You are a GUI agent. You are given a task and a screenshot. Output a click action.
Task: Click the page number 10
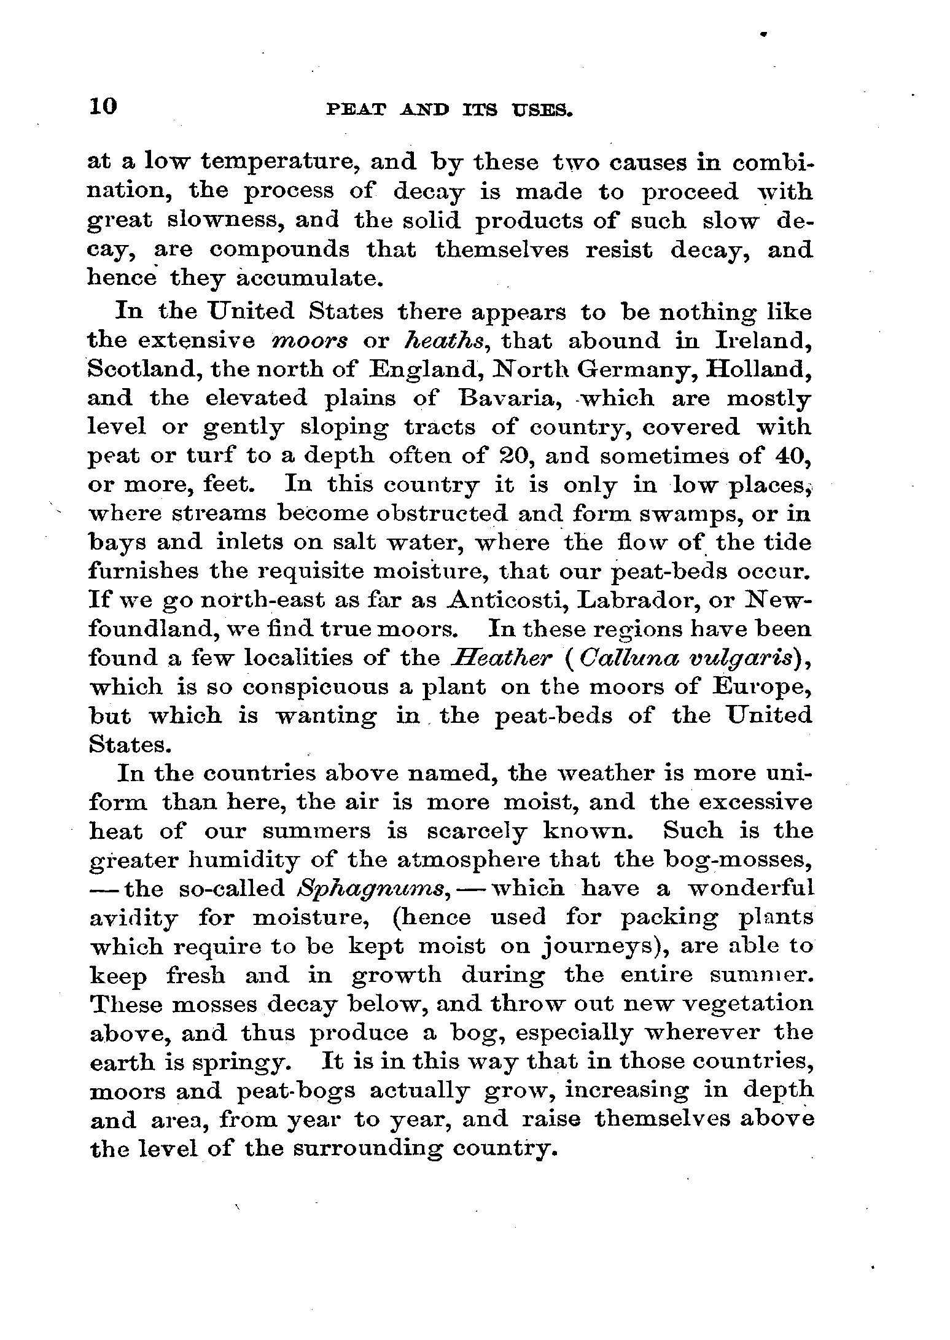click(102, 106)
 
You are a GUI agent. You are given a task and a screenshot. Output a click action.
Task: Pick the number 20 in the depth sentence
click(510, 456)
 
